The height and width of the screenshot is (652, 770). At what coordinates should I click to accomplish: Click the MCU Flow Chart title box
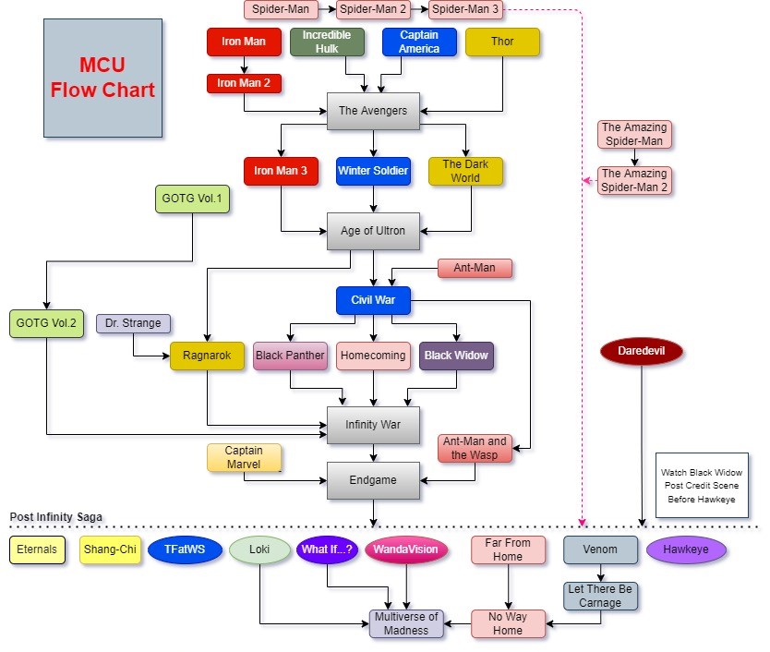(102, 78)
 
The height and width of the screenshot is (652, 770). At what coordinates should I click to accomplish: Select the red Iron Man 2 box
(244, 84)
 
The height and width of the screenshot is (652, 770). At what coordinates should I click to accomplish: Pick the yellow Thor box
(502, 42)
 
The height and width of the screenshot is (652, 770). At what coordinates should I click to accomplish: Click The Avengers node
(373, 111)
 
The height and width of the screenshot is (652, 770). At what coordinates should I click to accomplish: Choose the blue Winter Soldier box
(373, 171)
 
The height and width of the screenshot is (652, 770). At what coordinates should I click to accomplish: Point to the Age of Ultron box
(373, 231)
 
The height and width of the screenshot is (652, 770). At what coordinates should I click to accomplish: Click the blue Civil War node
(373, 300)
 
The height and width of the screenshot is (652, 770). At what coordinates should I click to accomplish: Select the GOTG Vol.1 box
(192, 199)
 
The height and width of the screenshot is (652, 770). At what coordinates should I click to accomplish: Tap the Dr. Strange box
(133, 324)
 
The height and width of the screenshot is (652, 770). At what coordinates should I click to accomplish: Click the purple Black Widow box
(456, 356)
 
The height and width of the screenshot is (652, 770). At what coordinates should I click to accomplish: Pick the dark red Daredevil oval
(641, 351)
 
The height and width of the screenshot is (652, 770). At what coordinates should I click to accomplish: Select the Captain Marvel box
(244, 458)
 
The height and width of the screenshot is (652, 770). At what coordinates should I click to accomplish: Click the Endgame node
(373, 480)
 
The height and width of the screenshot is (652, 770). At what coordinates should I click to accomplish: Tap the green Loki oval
(259, 549)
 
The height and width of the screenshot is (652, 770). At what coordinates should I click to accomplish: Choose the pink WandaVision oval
(407, 549)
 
